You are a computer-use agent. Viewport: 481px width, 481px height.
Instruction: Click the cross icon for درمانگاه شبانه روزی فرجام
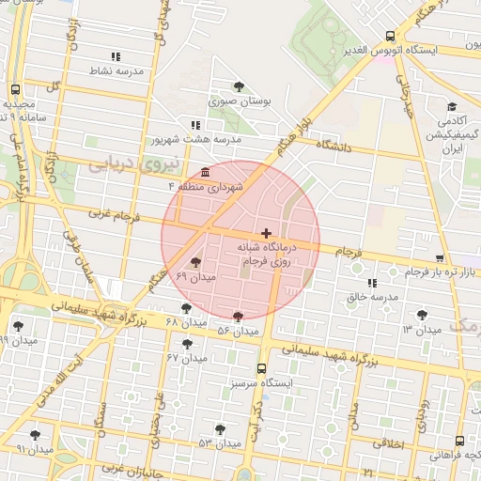click(x=267, y=232)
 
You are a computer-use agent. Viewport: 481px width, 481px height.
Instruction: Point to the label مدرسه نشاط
click(x=116, y=70)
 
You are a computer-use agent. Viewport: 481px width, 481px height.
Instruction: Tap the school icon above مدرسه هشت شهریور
click(x=194, y=124)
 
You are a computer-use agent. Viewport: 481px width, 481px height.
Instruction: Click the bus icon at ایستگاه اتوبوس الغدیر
click(x=390, y=37)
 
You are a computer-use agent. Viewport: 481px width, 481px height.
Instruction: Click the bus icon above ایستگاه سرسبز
click(x=261, y=369)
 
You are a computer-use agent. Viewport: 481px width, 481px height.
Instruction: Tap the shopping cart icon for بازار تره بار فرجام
click(x=440, y=257)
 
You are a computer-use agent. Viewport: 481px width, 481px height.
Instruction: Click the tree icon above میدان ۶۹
click(x=195, y=262)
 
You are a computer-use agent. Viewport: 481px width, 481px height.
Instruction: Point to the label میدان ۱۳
click(x=422, y=330)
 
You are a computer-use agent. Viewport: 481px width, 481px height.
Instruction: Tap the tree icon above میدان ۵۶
click(x=238, y=317)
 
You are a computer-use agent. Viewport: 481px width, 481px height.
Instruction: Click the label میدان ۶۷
click(x=186, y=358)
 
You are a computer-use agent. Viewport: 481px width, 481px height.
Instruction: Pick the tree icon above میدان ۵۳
click(x=220, y=428)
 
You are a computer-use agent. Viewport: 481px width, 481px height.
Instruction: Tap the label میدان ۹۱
click(x=34, y=449)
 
